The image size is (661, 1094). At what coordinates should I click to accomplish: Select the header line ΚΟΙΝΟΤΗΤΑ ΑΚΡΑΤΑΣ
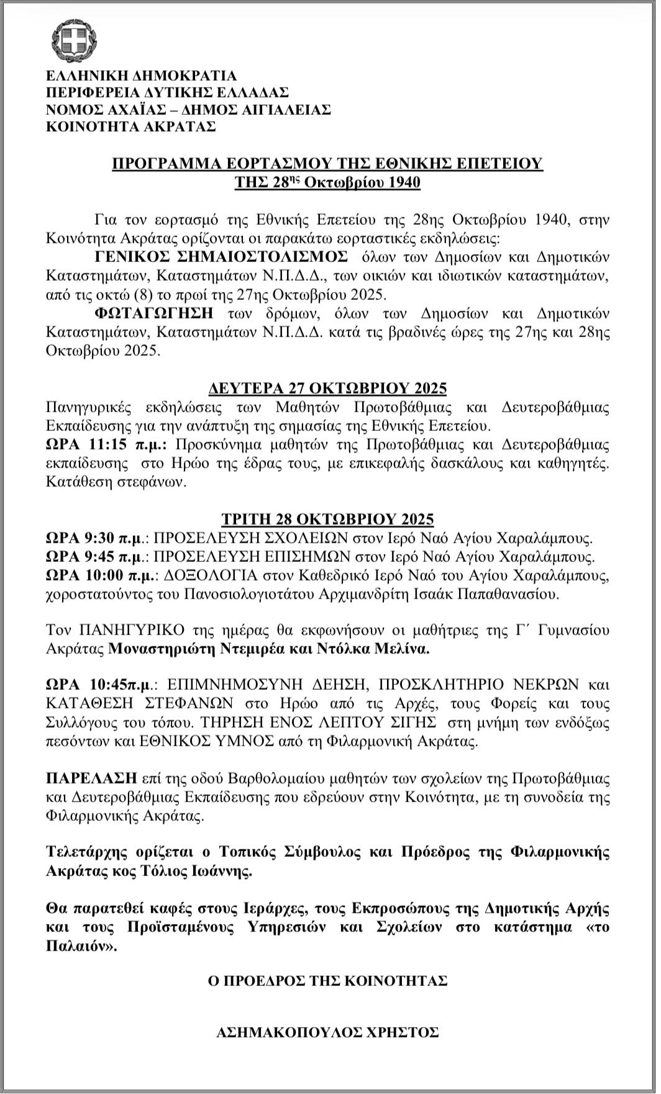pyautogui.click(x=131, y=127)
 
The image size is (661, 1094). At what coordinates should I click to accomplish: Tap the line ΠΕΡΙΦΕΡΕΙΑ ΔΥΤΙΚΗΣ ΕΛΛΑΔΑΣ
pyautogui.click(x=168, y=93)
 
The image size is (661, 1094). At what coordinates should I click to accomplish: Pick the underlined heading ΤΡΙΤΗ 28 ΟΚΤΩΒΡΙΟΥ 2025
pyautogui.click(x=327, y=519)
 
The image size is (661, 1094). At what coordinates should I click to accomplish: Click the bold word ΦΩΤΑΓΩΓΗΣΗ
pyautogui.click(x=154, y=313)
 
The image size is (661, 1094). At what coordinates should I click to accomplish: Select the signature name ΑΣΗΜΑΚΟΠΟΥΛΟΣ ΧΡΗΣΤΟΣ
pyautogui.click(x=327, y=1033)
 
